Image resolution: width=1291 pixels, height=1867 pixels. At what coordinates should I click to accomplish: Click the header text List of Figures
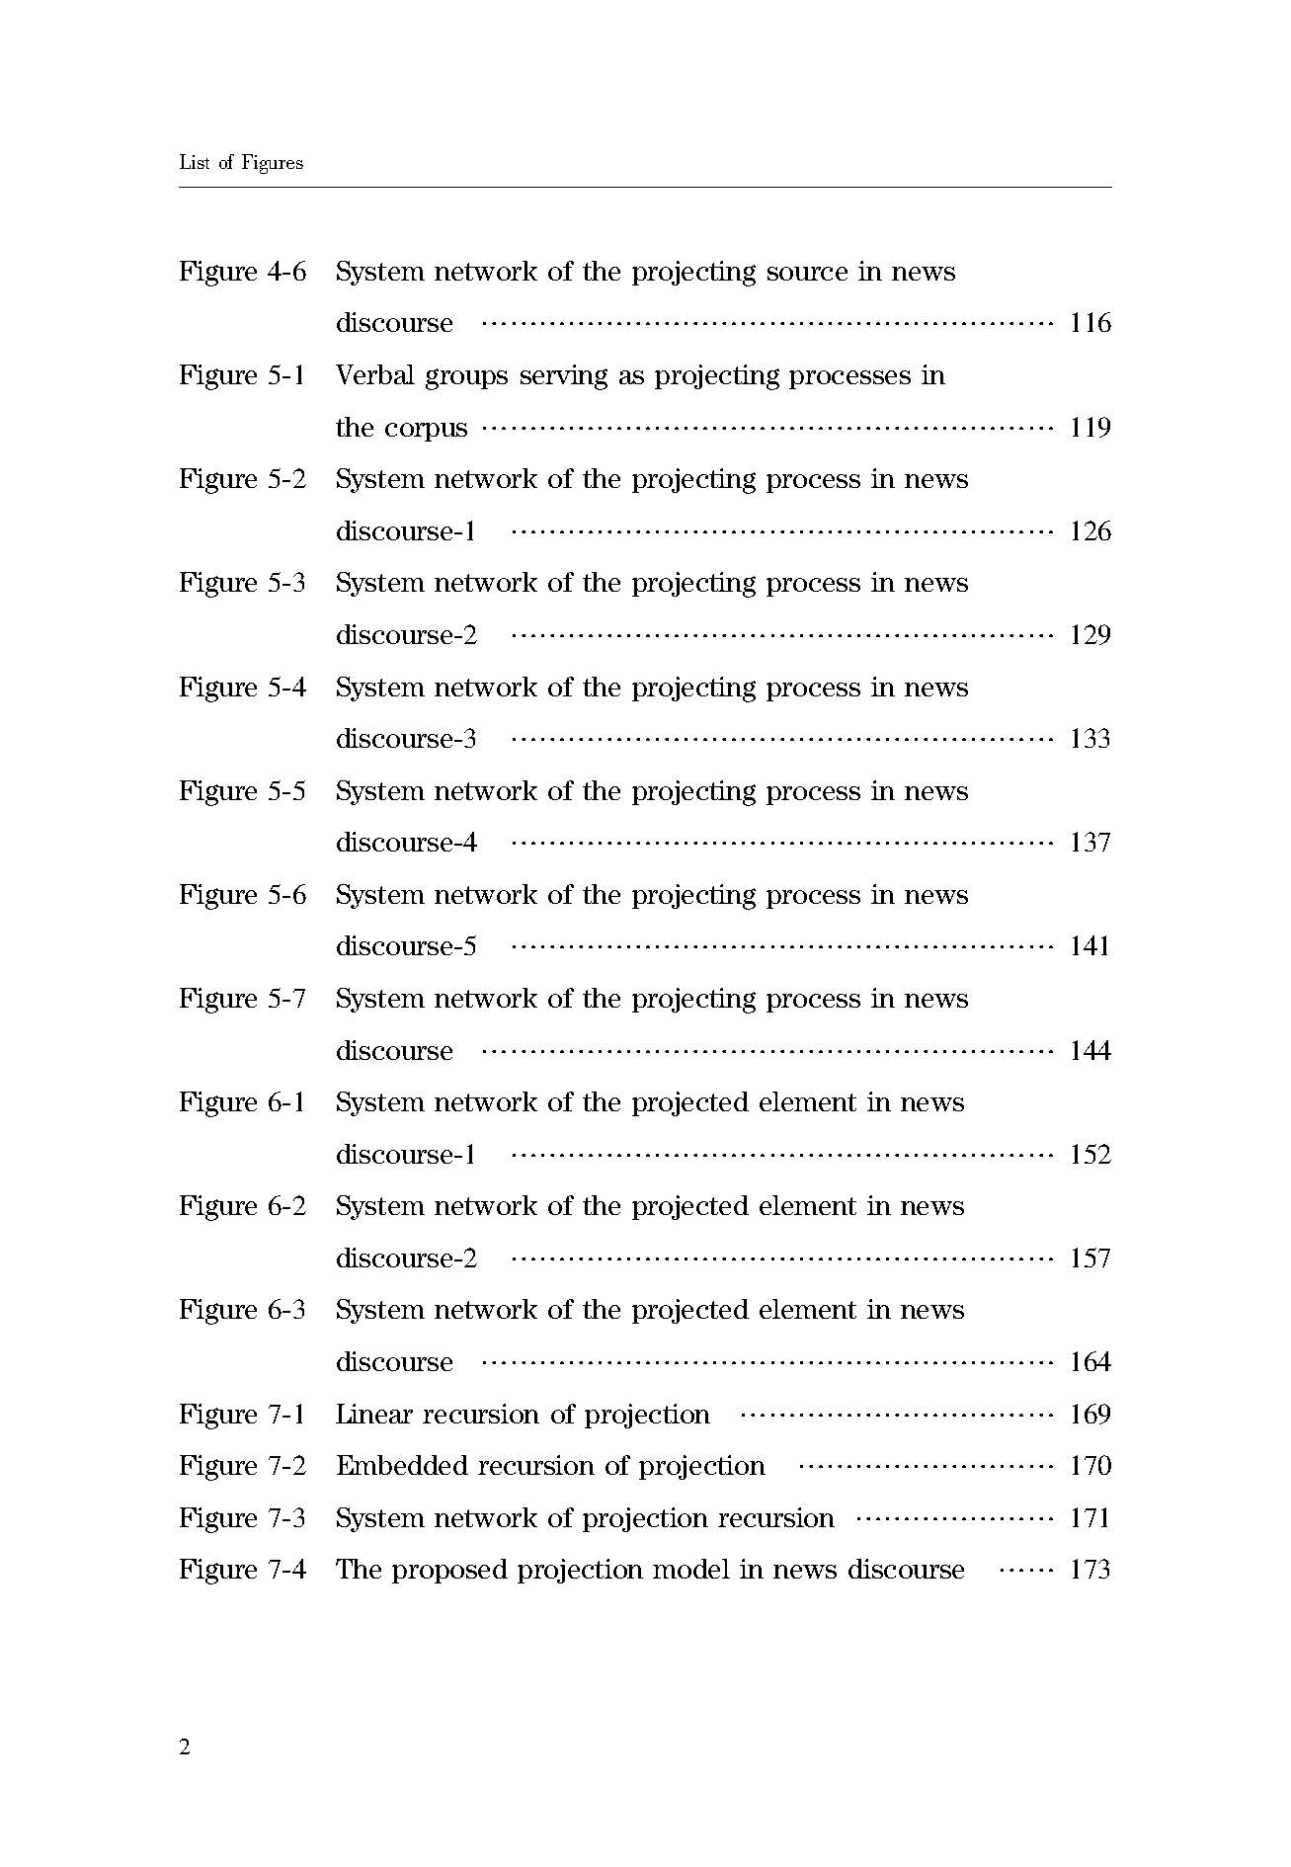click(240, 163)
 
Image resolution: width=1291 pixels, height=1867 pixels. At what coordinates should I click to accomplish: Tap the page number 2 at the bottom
click(185, 1746)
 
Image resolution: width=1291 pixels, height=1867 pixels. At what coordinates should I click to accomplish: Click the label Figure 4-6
click(242, 273)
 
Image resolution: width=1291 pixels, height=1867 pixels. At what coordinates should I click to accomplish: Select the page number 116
click(1089, 324)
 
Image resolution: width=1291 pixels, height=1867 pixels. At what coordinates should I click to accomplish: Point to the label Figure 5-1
click(242, 376)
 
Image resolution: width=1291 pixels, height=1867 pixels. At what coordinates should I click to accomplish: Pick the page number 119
click(1089, 428)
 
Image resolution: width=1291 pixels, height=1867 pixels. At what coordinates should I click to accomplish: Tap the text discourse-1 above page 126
click(406, 531)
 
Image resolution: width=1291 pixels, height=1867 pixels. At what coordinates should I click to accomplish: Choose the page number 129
click(1089, 635)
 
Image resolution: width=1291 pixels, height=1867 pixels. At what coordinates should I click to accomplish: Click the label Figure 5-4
click(242, 689)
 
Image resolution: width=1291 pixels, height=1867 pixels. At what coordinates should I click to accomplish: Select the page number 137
click(1089, 843)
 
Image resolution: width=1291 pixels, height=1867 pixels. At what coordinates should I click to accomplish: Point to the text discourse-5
click(406, 946)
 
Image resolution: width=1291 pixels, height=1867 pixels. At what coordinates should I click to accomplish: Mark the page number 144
click(1089, 1051)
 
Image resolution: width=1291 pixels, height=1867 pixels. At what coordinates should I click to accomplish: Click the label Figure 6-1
click(242, 1103)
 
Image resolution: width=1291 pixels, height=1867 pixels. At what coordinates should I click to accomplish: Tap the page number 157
click(1089, 1258)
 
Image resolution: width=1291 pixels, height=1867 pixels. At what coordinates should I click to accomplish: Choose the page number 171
click(1089, 1518)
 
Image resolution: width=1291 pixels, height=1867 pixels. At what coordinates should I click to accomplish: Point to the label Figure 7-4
click(242, 1570)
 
